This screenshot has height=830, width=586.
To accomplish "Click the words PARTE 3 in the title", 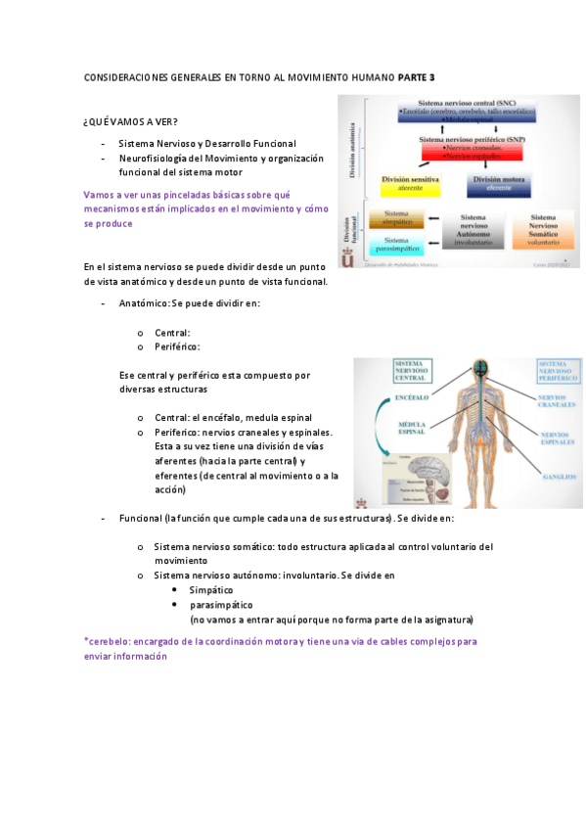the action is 417,76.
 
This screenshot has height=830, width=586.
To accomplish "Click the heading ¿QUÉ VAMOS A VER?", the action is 131,121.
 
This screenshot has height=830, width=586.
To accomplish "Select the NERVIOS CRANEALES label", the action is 556,400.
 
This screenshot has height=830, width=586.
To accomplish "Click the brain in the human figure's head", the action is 479,369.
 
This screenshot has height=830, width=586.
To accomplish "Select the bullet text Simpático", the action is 210,591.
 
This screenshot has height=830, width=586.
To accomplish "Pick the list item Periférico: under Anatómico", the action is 177,346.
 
